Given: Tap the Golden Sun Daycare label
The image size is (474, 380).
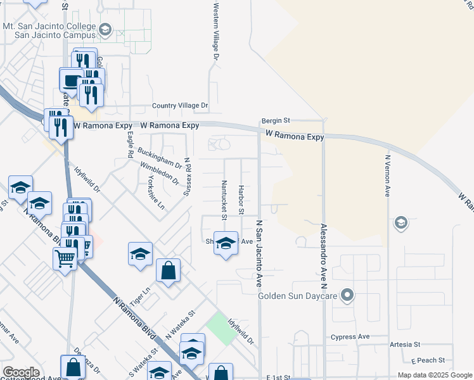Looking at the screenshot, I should (297, 296).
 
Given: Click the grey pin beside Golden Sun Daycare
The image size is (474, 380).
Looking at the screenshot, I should (347, 295).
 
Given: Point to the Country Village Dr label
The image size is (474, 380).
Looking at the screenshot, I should (179, 106).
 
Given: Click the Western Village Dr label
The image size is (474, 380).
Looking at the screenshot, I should (216, 30).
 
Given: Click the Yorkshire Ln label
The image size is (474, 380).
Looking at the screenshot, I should (152, 193).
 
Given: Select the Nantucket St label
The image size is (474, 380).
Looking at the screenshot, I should (224, 199).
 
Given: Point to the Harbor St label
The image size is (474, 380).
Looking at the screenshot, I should (241, 199).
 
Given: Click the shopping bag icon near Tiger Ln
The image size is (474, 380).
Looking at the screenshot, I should (169, 271).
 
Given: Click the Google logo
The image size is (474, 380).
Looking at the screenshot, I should (21, 372).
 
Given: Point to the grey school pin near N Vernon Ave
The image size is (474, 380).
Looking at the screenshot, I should (400, 223).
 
